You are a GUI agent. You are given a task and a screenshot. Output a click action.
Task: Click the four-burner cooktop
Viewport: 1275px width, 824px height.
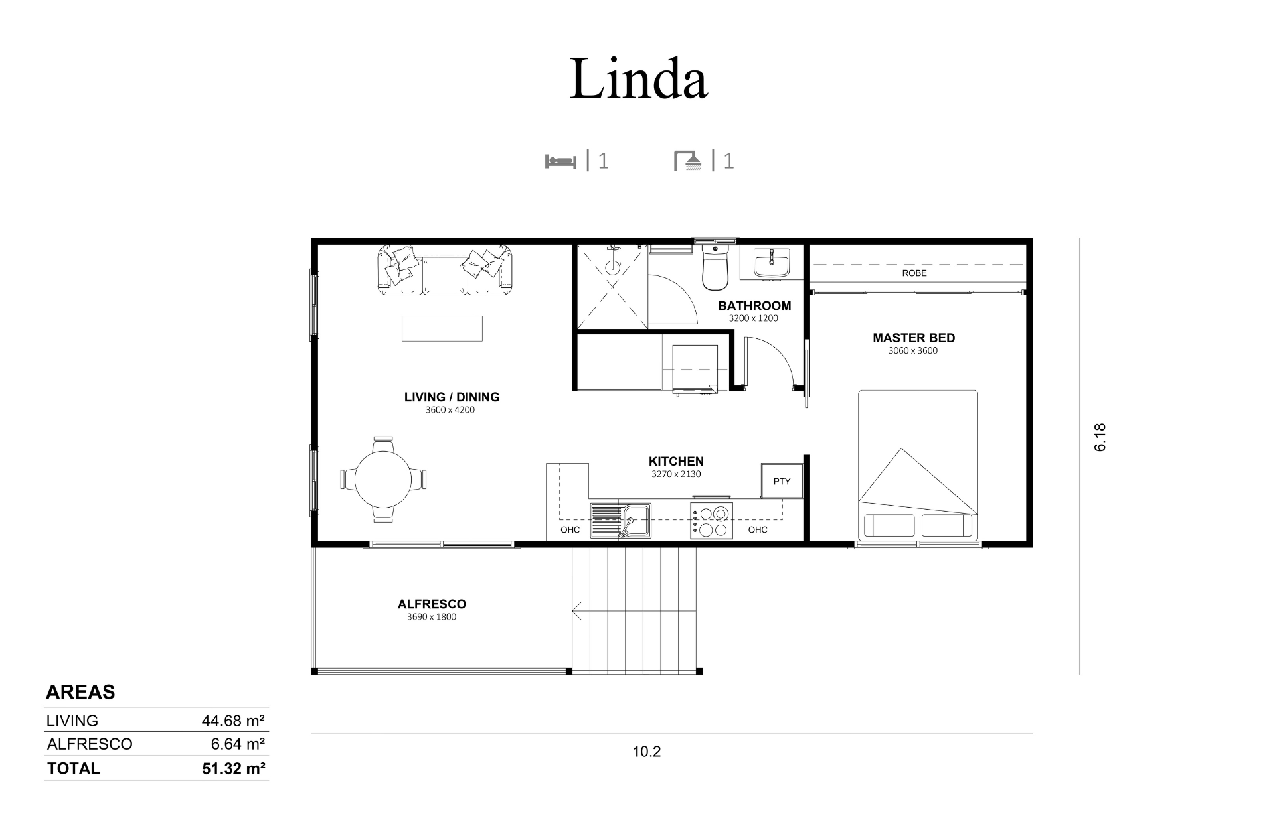coord(711,520)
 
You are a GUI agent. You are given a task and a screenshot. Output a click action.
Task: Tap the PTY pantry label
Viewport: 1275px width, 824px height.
coord(782,481)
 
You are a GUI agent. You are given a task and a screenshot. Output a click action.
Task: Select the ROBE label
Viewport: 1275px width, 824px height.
coord(914,273)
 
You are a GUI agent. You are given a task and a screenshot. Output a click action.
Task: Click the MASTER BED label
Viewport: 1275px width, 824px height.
coord(914,338)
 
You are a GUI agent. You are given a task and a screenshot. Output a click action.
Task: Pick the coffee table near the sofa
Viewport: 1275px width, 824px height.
coord(442,328)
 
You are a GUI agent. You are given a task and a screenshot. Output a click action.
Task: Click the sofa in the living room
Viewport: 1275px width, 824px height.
coord(446,270)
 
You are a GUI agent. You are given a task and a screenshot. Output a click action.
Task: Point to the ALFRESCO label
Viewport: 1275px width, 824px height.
coord(432,604)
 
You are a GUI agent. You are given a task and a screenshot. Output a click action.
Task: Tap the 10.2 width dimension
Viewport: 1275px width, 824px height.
coord(647,752)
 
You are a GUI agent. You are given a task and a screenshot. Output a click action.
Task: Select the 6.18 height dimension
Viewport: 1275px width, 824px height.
coord(1100,438)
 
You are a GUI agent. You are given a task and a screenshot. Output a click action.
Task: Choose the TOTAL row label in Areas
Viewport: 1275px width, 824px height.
coord(73,768)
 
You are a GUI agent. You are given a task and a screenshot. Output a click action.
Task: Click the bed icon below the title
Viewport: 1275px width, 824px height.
coord(560,161)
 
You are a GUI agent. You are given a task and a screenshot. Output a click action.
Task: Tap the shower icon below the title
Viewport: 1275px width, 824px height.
coord(688,161)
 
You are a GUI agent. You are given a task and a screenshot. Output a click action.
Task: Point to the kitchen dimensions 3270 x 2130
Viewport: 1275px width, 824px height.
coord(676,474)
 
